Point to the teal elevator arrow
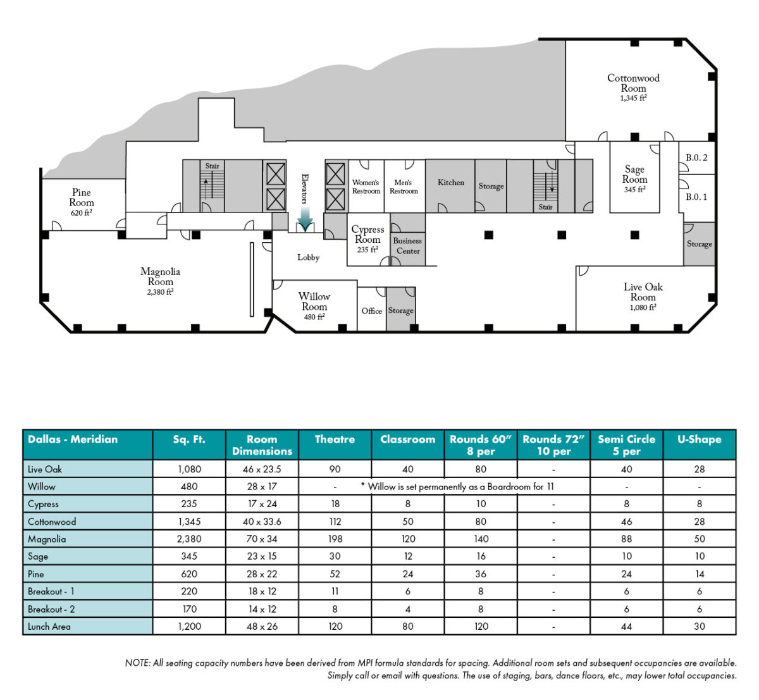coord(305,219)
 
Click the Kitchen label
coord(451,183)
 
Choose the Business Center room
coord(407,246)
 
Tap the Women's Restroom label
coord(366,187)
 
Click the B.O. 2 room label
coord(696,158)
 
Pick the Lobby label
coord(309,257)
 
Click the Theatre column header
coord(335,439)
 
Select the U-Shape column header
coord(699,439)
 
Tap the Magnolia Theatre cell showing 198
coord(335,539)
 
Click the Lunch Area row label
coord(49,627)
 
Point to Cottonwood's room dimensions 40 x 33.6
coord(262,522)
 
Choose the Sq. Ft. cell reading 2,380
coord(189,539)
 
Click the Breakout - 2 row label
coord(51,609)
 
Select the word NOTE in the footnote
coord(137,663)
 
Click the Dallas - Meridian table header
coord(73,439)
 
